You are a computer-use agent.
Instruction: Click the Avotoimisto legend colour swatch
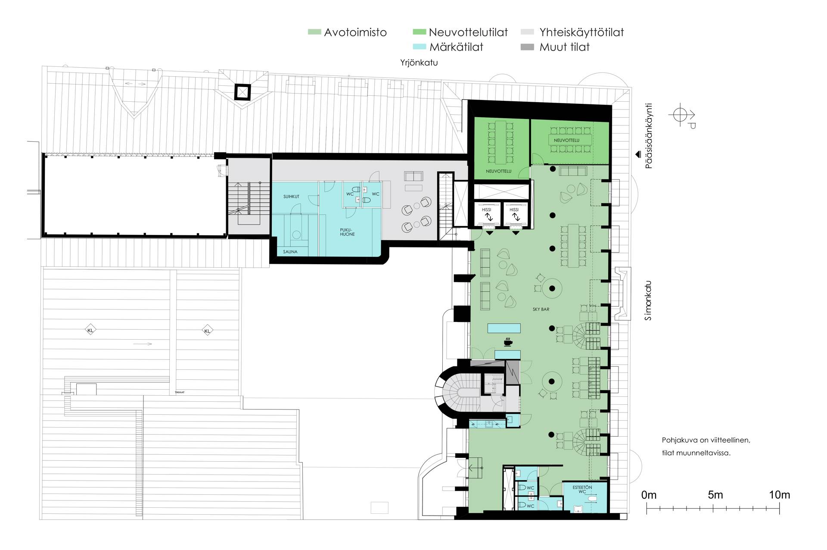click(314, 32)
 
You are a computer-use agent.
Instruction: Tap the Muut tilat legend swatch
click(528, 47)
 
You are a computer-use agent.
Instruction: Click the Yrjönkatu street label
click(419, 62)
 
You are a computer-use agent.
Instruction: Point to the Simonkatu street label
click(649, 300)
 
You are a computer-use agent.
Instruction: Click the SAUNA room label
click(290, 252)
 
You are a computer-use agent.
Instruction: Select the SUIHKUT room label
click(291, 197)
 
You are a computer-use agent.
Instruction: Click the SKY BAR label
click(541, 309)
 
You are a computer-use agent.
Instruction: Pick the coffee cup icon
click(508, 342)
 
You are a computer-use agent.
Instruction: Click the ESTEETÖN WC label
click(582, 489)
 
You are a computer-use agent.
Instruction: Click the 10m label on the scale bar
click(780, 495)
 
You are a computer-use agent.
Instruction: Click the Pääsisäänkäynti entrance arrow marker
click(638, 154)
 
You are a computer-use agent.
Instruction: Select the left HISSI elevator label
click(487, 210)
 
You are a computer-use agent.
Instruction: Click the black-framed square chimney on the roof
click(243, 92)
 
